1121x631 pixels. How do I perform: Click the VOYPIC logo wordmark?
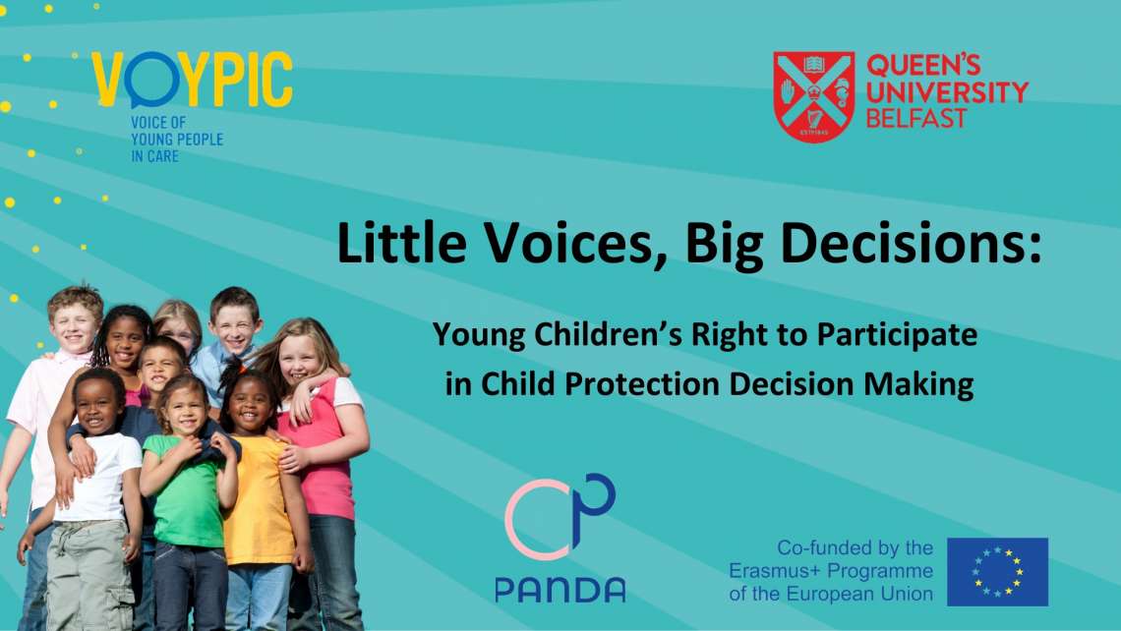pos(193,80)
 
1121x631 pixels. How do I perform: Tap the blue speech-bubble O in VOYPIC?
pos(150,80)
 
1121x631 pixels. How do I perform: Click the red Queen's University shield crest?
pos(814,96)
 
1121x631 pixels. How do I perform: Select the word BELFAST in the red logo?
pos(915,118)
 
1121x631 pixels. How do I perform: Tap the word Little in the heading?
pos(401,242)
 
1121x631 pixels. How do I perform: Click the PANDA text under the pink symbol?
pos(560,590)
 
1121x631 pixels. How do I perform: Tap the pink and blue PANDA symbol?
pos(560,516)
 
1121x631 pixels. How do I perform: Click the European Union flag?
pos(997,572)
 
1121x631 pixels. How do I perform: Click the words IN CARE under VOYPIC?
pos(154,156)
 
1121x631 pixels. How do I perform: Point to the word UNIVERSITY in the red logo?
pos(947,91)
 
